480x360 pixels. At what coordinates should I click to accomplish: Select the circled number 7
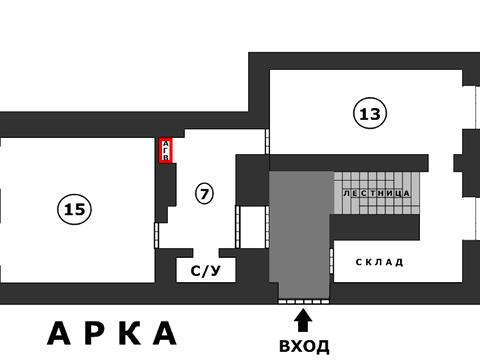[x=204, y=194]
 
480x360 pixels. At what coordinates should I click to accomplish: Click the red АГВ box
[x=166, y=150]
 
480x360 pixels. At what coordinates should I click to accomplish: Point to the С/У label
[x=205, y=270]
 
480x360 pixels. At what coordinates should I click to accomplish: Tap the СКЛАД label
[x=379, y=262]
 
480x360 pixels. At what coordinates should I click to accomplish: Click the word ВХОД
[x=304, y=346]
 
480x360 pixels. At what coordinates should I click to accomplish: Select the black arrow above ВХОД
[x=304, y=320]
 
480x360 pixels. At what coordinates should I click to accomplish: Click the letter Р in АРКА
[x=94, y=333]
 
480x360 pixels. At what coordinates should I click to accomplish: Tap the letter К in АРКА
[x=128, y=333]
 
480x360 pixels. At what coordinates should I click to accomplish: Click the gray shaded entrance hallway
[x=300, y=235]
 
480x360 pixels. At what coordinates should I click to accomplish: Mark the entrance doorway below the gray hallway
[x=304, y=298]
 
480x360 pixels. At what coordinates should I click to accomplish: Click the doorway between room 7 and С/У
[x=204, y=251]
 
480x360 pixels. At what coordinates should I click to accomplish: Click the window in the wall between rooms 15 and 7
[x=156, y=234]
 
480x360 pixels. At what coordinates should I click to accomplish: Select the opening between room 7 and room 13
[x=268, y=140]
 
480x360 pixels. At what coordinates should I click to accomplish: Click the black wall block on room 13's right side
[x=463, y=161]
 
